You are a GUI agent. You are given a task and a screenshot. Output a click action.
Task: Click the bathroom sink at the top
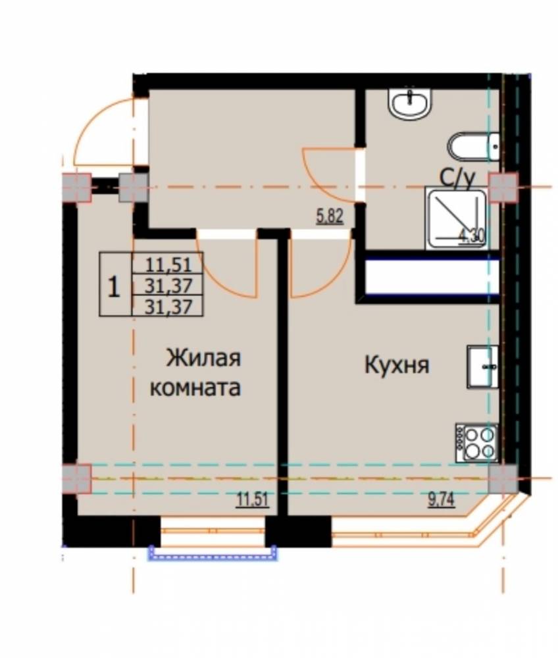tap(410, 103)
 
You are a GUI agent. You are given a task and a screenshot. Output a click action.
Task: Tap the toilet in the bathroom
tap(474, 147)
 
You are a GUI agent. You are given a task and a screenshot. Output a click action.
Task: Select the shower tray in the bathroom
tap(457, 218)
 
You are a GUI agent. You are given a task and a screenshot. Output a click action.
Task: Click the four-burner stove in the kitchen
tap(478, 442)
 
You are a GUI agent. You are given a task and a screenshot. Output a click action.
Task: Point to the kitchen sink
tap(483, 367)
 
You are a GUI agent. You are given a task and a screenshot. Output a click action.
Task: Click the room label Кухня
tap(397, 365)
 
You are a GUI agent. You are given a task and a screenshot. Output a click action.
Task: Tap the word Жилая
tap(203, 359)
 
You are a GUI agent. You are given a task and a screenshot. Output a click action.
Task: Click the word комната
tap(195, 388)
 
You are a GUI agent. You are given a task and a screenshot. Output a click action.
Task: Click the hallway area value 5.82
tap(330, 217)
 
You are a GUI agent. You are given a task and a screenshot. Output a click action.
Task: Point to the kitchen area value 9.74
tap(442, 500)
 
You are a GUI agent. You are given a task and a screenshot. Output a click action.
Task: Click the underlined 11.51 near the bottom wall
tap(253, 500)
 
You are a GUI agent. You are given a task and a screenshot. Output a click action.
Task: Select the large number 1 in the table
tap(114, 288)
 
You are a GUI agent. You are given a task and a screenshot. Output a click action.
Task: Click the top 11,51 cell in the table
tap(168, 265)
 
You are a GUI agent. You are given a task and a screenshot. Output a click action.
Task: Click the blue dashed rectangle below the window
tap(213, 553)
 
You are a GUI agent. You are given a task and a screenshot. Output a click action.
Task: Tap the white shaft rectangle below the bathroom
tap(432, 277)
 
